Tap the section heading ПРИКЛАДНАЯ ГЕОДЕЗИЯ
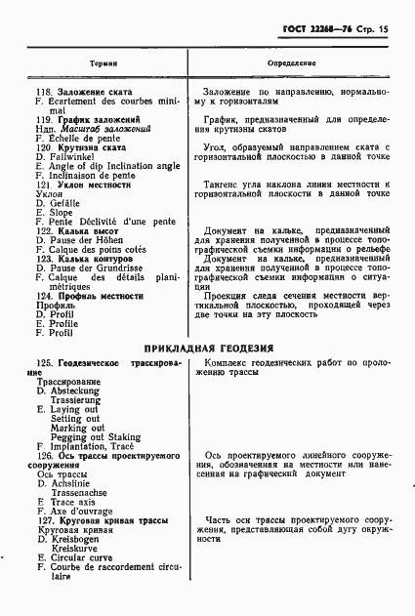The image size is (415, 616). click(x=208, y=348)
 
